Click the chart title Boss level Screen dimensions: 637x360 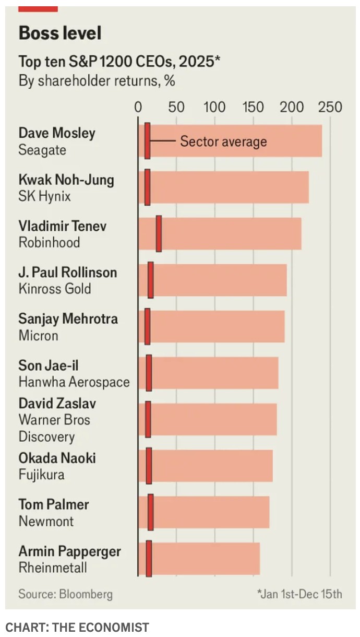[60, 33]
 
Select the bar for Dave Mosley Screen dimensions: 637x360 [235, 141]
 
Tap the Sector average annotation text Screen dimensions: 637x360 [223, 141]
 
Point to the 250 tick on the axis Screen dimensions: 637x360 [330, 107]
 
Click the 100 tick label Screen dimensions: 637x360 [214, 107]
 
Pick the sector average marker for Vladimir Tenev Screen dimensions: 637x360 [159, 234]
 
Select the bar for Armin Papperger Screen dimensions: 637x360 [203, 559]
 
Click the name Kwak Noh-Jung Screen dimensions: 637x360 [66, 180]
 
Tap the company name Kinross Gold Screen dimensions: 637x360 [55, 289]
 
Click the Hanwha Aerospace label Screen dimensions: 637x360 [74, 382]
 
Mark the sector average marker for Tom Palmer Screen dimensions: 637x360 [151, 513]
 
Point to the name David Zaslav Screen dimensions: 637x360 [57, 403]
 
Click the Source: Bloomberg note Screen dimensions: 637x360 [65, 594]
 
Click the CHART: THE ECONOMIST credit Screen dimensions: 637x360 [77, 627]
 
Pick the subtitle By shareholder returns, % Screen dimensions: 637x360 [97, 81]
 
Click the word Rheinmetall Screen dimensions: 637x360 [53, 568]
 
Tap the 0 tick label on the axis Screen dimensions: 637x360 [138, 107]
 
